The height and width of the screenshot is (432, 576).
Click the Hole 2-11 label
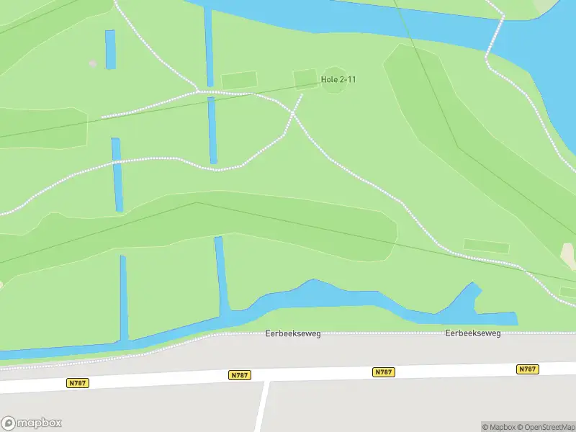(338, 79)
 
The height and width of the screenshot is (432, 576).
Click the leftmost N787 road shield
(78, 383)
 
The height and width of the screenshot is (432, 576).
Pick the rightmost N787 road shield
(528, 369)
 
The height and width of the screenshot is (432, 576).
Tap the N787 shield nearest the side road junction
(240, 375)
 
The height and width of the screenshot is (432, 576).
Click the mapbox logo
(32, 423)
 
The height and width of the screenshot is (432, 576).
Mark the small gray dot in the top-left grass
(92, 63)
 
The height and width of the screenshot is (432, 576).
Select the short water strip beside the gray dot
(110, 50)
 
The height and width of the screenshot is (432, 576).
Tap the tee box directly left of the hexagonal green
(305, 78)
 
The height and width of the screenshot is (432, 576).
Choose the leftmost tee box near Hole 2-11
(239, 80)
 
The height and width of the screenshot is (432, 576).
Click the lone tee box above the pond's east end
(486, 246)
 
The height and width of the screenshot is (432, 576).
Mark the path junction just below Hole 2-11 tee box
(293, 113)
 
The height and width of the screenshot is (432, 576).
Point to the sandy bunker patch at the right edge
(569, 256)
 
